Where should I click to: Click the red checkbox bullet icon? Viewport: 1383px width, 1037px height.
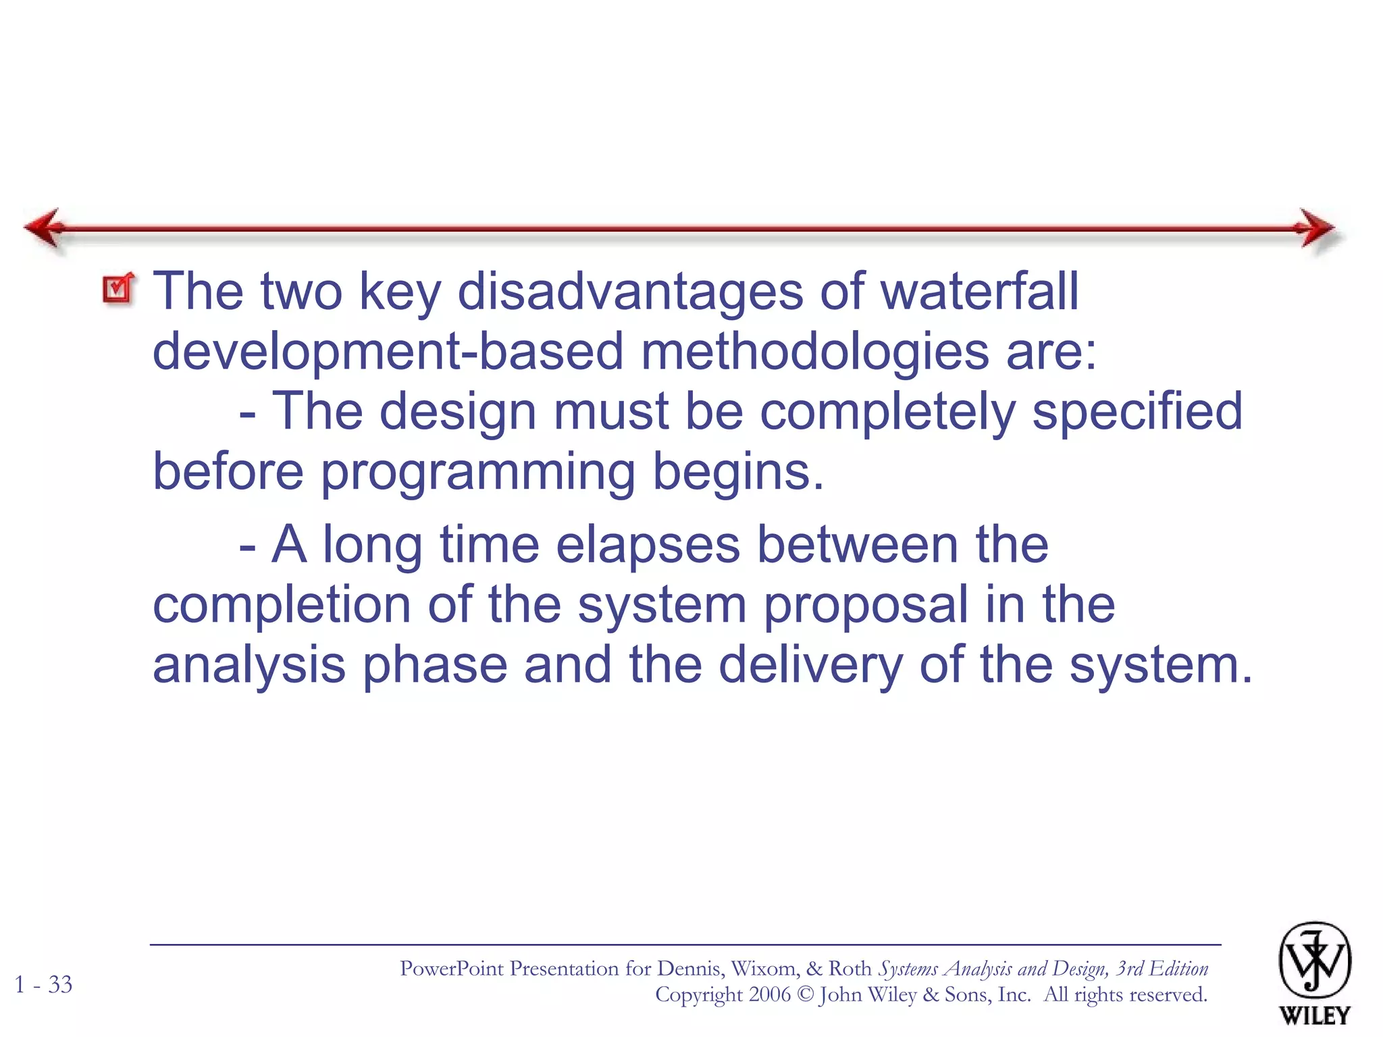click(119, 289)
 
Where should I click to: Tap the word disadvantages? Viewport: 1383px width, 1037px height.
click(629, 292)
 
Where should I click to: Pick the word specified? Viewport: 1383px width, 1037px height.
click(1137, 412)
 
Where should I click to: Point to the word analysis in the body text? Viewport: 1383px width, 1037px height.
click(249, 666)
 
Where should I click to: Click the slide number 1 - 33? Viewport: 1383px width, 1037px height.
click(44, 984)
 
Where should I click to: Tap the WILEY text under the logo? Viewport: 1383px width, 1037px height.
click(1314, 1015)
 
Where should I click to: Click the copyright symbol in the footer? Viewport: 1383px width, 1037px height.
click(805, 994)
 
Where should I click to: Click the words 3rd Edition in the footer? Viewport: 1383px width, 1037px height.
click(1162, 968)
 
